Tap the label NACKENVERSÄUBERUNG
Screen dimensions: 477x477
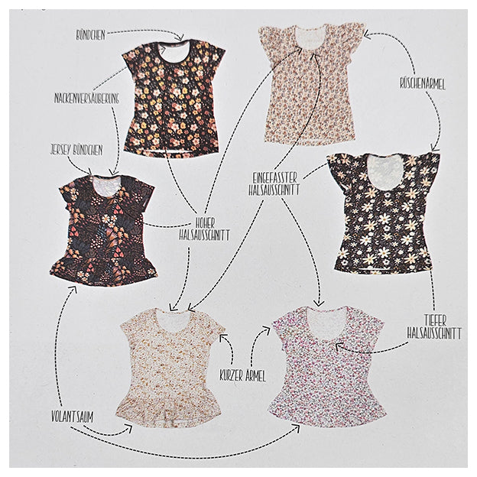tap(86, 98)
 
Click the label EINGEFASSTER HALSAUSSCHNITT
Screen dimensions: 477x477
tap(279, 183)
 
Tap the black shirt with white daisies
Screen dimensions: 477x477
tap(384, 212)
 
